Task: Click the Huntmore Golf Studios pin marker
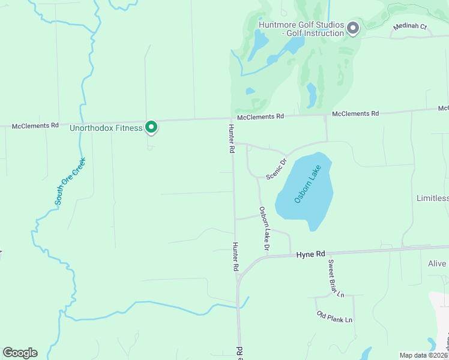[x=352, y=28]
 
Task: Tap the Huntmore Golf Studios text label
[x=301, y=29]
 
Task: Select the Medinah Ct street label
[x=409, y=27]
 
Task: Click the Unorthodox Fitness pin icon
[x=152, y=127]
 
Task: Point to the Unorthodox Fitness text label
[x=106, y=128]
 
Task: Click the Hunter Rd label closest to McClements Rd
[x=231, y=139]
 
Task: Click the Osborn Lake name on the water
[x=307, y=184]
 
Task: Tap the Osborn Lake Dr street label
[x=264, y=229]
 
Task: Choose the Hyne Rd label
[x=310, y=254]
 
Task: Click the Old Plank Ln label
[x=334, y=317]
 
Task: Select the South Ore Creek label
[x=70, y=182]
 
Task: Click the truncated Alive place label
[x=437, y=263]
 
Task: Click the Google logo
[x=20, y=353]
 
